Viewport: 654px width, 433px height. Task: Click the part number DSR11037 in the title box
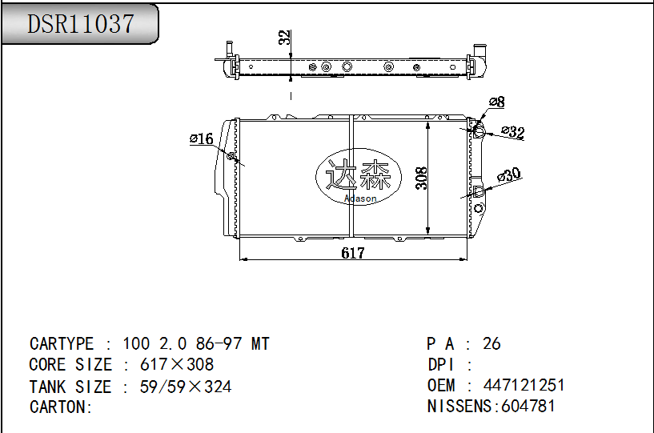pos(80,24)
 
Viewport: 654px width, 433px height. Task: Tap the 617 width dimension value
pos(352,253)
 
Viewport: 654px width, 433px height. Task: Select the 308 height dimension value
pos(422,177)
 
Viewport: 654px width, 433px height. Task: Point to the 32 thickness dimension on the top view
pos(283,38)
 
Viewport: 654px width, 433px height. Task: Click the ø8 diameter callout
pos(496,102)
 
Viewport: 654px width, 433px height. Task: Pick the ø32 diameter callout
pos(512,132)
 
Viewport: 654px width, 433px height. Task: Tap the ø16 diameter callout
pos(201,139)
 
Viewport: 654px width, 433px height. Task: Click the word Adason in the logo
pos(359,198)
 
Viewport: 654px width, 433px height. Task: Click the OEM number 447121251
pos(524,385)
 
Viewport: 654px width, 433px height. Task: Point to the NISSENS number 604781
pos(528,406)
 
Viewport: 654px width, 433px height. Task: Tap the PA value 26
pos(492,343)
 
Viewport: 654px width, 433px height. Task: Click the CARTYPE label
pos(62,344)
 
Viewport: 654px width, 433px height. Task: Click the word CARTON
pos(58,407)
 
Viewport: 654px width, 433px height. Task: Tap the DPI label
pos(441,365)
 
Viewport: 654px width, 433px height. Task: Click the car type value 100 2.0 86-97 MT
pos(196,344)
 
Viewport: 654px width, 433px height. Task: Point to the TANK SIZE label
pos(70,387)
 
